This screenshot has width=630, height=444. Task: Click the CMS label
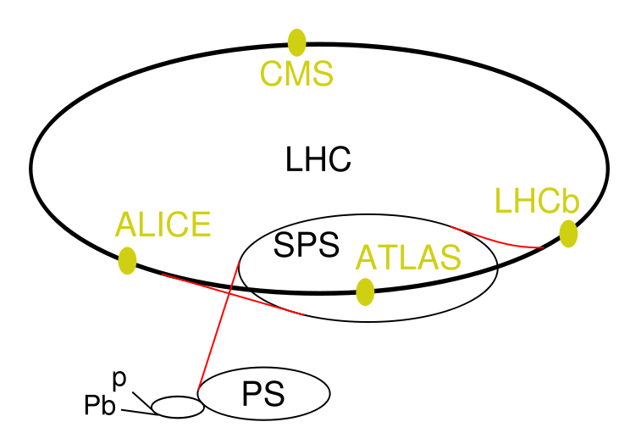(x=296, y=73)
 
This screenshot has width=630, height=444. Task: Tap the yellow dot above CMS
(x=297, y=42)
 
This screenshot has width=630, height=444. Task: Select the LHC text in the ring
(x=318, y=159)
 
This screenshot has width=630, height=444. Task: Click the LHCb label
(x=537, y=200)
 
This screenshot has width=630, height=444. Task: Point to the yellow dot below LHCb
(x=568, y=234)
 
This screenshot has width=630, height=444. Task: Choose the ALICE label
(x=163, y=225)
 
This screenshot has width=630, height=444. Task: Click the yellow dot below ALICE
(x=127, y=261)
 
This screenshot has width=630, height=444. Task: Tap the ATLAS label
(x=408, y=258)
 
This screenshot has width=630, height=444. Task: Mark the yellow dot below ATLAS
(x=365, y=292)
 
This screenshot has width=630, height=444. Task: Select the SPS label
(x=307, y=245)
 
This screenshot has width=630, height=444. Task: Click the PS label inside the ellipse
(x=263, y=394)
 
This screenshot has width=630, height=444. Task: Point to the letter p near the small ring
(x=119, y=380)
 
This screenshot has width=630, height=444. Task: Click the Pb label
(x=100, y=404)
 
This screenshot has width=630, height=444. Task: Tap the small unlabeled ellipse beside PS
(x=178, y=407)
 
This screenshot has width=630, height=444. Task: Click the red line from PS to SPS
(x=218, y=326)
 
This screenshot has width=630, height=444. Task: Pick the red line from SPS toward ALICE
(x=233, y=295)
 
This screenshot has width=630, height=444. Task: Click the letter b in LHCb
(x=572, y=200)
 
